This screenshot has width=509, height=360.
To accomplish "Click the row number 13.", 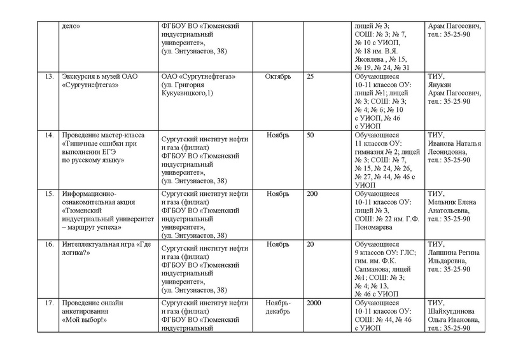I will [x=46, y=77].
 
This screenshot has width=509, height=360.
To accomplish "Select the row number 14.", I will [x=46, y=135].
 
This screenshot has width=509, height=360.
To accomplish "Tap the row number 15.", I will [x=46, y=193].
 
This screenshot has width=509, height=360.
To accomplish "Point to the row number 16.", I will [x=46, y=244].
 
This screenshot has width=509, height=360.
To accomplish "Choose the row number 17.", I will [x=46, y=302].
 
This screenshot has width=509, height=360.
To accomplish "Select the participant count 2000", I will [x=314, y=302].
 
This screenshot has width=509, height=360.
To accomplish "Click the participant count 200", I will [x=312, y=193].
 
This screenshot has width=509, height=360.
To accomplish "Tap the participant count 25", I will [x=310, y=77].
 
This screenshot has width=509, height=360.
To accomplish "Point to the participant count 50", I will [x=310, y=135].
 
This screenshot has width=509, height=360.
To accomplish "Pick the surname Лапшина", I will [x=443, y=252].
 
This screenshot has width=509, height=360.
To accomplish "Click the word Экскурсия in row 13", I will [x=78, y=77].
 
